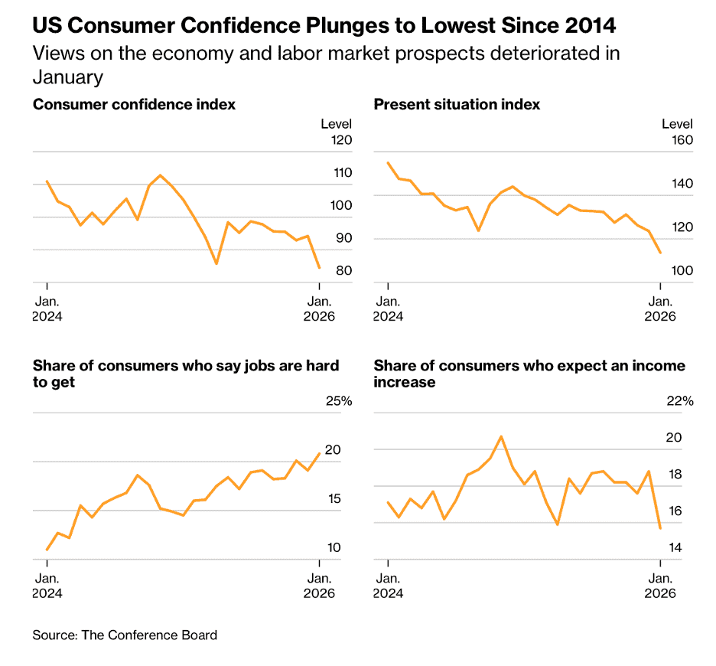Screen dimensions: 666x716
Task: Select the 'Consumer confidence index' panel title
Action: click(134, 105)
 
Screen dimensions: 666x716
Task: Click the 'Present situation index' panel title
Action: click(457, 105)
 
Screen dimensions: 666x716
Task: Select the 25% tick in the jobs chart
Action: click(338, 401)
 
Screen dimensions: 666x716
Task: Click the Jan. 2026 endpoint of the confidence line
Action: click(319, 268)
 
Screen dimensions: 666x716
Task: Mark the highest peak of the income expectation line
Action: click(501, 436)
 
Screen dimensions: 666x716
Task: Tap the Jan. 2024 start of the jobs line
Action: click(47, 550)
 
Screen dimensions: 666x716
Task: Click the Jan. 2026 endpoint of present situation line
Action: click(660, 253)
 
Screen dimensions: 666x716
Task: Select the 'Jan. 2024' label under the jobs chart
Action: click(47, 585)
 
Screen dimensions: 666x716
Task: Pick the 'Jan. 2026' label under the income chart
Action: click(661, 585)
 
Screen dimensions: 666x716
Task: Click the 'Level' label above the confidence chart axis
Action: click(336, 124)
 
